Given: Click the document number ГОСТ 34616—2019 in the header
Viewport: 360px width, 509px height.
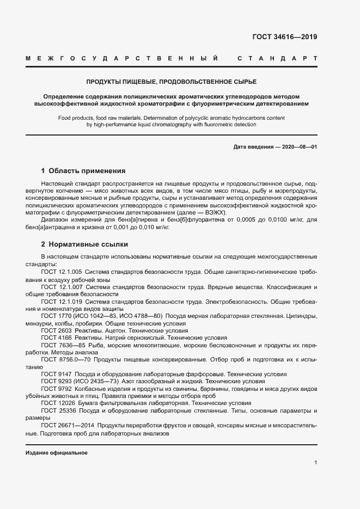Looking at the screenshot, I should [x=284, y=37].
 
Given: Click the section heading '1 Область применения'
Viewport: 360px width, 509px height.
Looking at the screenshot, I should [x=83, y=170].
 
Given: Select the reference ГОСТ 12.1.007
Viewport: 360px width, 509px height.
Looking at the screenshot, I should [x=62, y=286].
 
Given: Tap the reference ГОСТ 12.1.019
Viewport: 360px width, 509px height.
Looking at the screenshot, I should [x=62, y=301].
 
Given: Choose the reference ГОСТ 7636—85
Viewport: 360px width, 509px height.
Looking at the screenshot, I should [x=62, y=345].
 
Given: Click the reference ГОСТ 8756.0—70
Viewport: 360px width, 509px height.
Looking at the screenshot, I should [x=64, y=360].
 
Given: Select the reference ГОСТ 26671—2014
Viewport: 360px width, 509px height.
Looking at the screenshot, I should [x=67, y=426].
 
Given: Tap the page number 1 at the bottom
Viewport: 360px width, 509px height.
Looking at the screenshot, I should [x=316, y=463].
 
